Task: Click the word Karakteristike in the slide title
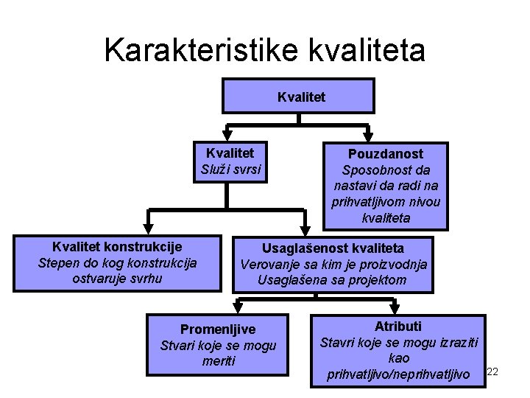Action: click(201, 50)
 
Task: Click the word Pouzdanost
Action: click(386, 154)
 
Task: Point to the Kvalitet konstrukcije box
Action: click(117, 262)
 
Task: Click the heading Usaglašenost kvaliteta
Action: click(333, 248)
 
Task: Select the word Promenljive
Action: click(218, 329)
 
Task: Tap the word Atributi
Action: click(398, 326)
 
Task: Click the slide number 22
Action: click(493, 371)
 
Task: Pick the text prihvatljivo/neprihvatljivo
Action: click(398, 375)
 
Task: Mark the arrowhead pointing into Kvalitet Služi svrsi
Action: click(227, 135)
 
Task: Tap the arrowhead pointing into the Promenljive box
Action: click(239, 308)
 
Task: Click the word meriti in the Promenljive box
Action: click(218, 361)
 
